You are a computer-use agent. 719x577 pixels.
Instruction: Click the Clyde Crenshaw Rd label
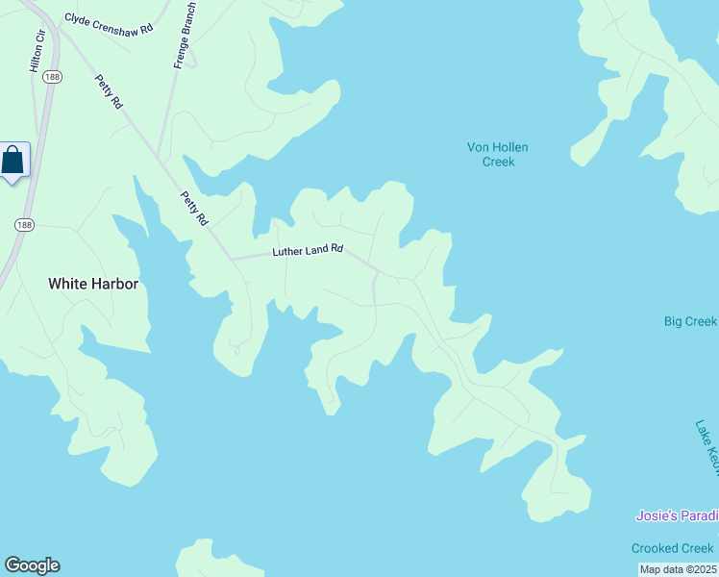[x=109, y=24]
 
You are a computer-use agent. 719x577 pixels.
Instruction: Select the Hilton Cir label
[x=37, y=52]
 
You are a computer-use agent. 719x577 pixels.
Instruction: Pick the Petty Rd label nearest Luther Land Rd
[x=195, y=208]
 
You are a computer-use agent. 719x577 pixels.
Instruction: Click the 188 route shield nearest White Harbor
[x=23, y=224]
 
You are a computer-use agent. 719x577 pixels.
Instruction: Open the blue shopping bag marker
[x=13, y=160]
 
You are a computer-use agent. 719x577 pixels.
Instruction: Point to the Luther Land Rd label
[x=308, y=250]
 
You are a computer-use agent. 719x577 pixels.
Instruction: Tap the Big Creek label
[x=690, y=321]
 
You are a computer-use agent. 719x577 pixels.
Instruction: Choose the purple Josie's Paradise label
[x=677, y=516]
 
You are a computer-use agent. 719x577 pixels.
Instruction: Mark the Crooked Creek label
[x=673, y=548]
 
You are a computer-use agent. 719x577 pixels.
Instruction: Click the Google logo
[x=32, y=565]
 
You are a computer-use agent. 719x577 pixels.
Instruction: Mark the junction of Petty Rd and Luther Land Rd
[x=232, y=259]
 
